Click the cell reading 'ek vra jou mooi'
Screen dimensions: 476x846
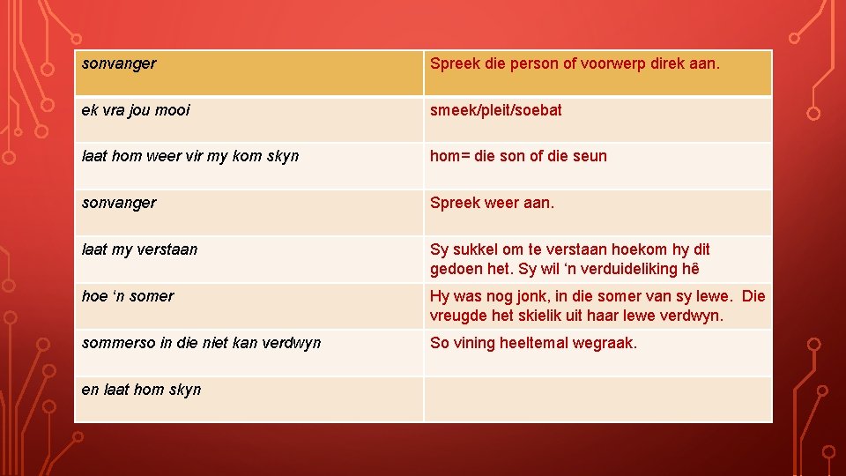tap(249, 119)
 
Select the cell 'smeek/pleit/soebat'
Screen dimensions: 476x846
tap(597, 119)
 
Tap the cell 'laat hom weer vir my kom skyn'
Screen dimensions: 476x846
tap(249, 166)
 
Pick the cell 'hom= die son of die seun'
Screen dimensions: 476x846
tap(597, 166)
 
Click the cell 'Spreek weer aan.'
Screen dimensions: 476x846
tap(597, 212)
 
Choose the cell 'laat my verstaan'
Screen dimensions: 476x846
tap(249, 259)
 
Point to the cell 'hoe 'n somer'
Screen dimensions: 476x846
tap(249, 306)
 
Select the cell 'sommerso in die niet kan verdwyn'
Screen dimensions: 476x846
tap(249, 353)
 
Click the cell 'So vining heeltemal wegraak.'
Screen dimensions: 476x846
tap(597, 353)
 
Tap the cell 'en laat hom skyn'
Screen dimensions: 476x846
tap(249, 399)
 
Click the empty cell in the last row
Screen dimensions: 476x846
tap(597, 399)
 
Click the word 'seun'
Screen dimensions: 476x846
tap(590, 156)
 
